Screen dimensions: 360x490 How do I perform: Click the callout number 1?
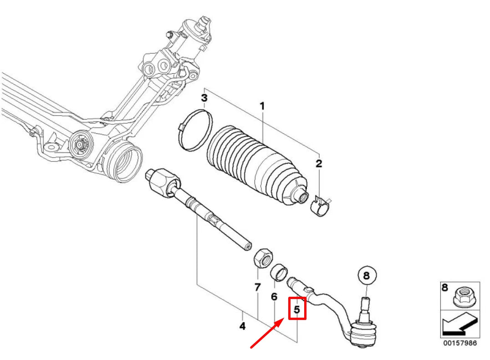pos(262,106)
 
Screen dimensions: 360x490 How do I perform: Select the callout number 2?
pos(319,163)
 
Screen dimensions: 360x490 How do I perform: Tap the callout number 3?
pos(204,98)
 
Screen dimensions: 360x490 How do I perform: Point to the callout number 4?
pos(242,326)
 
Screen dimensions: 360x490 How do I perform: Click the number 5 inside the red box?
pos(296,309)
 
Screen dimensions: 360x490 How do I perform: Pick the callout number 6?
pos(274,297)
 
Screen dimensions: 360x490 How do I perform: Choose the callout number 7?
pos(257,287)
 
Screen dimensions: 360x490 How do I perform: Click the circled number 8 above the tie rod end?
pos(367,275)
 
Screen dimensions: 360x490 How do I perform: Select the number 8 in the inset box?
pos(444,288)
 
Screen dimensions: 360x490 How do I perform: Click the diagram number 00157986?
pos(459,343)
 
